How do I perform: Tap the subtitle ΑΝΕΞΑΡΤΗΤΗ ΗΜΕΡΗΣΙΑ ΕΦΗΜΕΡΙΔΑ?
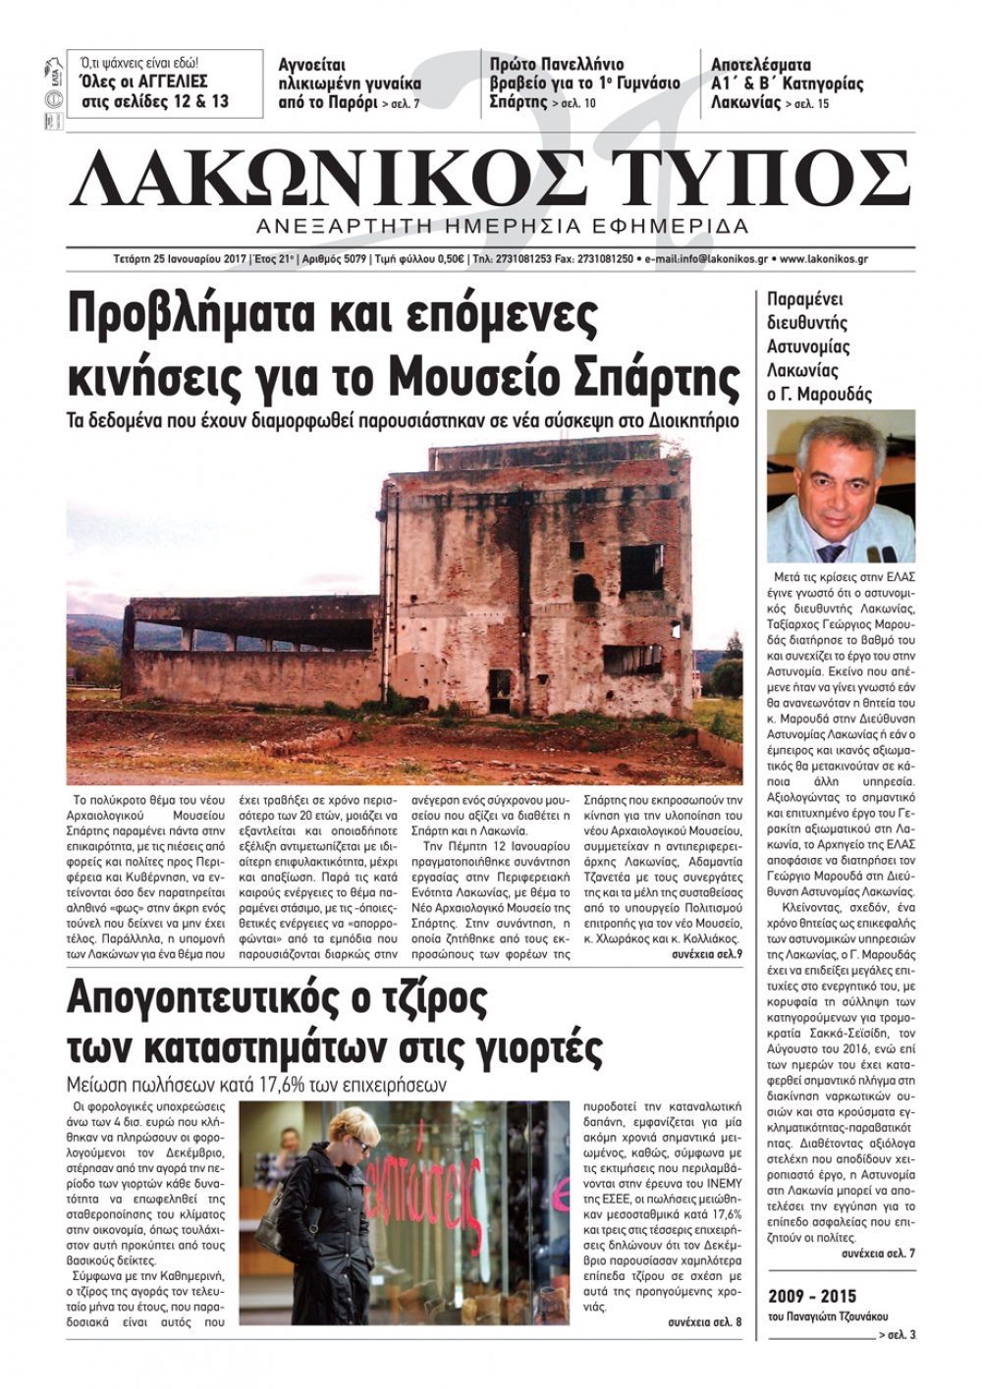502,227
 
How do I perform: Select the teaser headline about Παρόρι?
350,83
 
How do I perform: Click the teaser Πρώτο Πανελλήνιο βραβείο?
584,82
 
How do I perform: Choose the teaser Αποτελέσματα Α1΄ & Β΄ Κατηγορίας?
787,82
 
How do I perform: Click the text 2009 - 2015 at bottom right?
812,1296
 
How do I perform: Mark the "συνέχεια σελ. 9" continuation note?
706,953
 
